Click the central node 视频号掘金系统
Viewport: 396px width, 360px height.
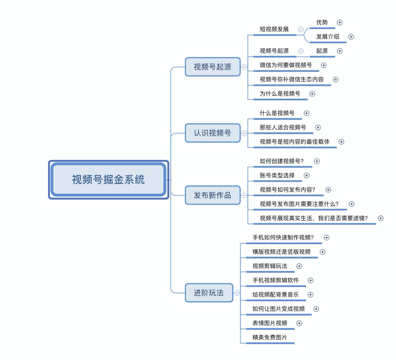click(109, 179)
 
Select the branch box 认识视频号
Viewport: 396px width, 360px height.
click(213, 133)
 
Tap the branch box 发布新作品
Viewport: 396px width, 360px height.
click(213, 195)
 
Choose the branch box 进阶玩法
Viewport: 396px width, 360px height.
click(209, 293)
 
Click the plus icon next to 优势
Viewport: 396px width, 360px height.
click(340, 22)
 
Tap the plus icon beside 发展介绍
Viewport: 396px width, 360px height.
click(351, 37)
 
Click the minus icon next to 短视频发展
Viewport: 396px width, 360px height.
click(301, 29)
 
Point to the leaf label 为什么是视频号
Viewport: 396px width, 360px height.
click(280, 94)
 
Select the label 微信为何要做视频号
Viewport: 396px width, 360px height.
click(286, 65)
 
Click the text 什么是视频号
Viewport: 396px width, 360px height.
click(277, 113)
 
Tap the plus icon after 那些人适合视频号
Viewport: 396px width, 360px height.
click(318, 128)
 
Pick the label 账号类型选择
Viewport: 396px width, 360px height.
click(277, 175)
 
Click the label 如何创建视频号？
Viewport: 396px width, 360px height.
click(282, 161)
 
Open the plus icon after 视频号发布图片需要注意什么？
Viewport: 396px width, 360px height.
click(352, 204)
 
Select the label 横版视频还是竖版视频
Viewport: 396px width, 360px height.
click(281, 252)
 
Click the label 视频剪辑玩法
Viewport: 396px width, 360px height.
click(270, 266)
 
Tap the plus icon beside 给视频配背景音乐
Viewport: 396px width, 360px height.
click(311, 295)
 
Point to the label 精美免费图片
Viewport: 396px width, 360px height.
click(269, 337)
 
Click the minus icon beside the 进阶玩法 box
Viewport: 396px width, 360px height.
click(237, 293)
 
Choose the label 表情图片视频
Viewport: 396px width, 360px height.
click(270, 323)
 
